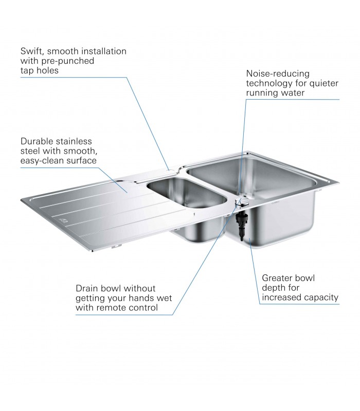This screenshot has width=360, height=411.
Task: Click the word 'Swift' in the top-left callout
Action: (x=31, y=51)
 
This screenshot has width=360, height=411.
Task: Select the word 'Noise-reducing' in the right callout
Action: (x=278, y=73)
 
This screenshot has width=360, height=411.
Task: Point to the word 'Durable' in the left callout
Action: (x=37, y=141)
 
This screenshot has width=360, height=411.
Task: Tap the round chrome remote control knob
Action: (x=242, y=201)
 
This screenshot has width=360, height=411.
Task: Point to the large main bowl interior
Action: (x=253, y=179)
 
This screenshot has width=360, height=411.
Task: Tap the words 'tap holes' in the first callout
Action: (x=40, y=70)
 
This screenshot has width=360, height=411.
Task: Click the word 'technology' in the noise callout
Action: (x=269, y=83)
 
